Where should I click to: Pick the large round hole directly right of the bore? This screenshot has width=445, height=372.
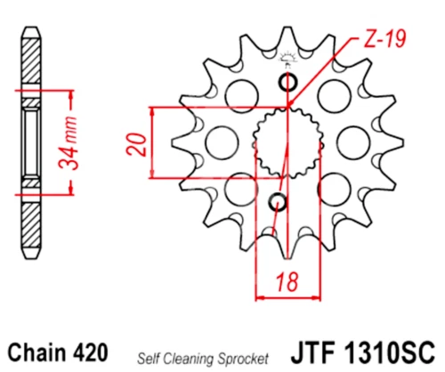point(352,140)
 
